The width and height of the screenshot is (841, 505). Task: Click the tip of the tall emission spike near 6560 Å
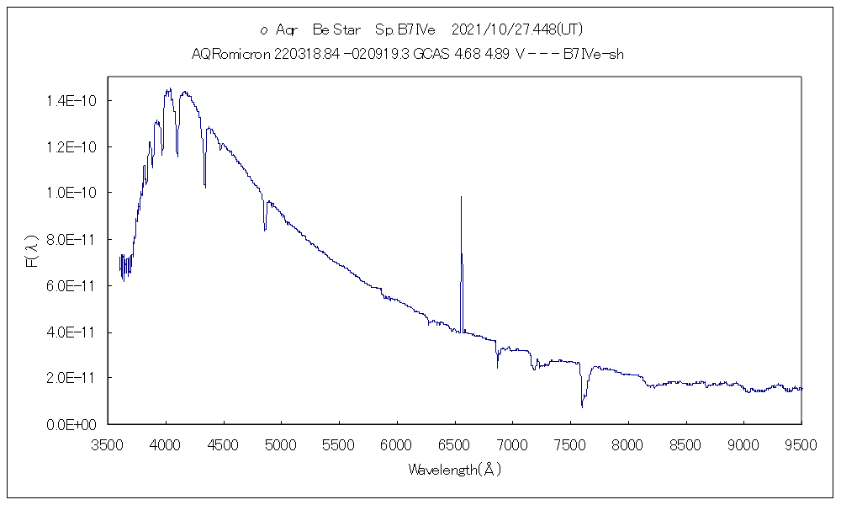[x=461, y=197]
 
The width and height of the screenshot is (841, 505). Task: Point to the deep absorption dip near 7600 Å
[x=582, y=406]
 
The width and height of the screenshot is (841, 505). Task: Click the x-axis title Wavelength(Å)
[x=455, y=470]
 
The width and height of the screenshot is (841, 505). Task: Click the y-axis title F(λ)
[x=31, y=251]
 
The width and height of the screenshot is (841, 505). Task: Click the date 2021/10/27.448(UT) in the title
[x=516, y=29]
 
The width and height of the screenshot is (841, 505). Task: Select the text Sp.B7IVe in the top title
[x=405, y=29]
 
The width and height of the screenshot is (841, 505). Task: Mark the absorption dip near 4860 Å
[x=265, y=229]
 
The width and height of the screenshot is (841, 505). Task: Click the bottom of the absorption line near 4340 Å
[x=204, y=186]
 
